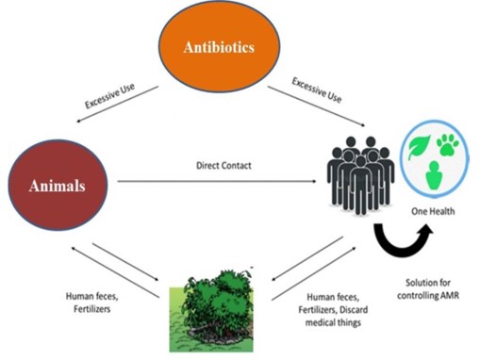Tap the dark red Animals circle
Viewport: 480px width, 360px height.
pos(61,185)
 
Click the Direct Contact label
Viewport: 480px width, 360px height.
pos(224,166)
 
